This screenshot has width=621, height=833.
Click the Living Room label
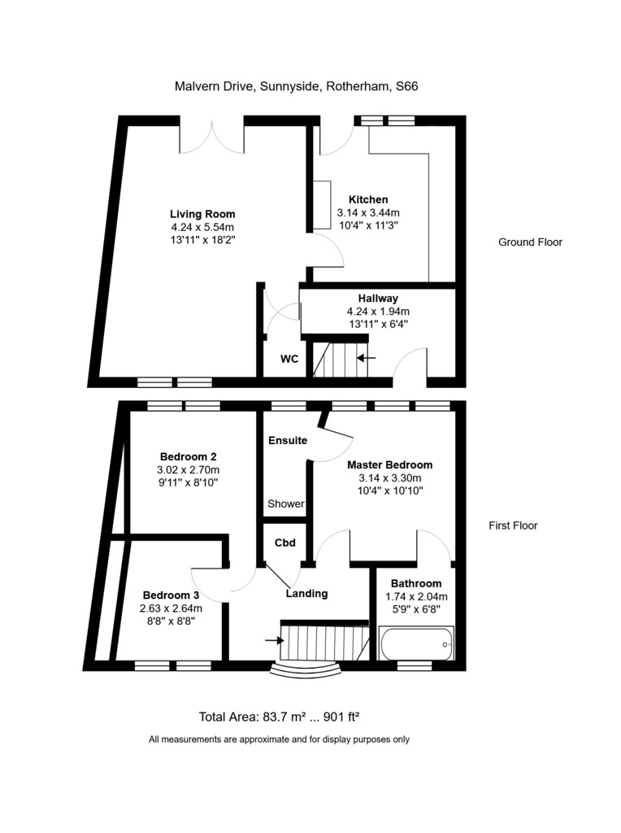[202, 214]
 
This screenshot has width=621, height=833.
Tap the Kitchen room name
[368, 200]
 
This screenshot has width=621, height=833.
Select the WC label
[289, 359]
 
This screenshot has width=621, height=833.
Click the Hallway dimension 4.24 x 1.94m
[378, 312]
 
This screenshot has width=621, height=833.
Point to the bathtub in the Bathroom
[416, 643]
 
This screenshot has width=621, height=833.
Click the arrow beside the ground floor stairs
[367, 358]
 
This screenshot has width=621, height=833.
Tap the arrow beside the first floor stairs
[275, 641]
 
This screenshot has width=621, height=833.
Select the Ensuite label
[288, 440]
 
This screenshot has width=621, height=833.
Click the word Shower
[286, 504]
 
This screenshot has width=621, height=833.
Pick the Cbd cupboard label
[285, 543]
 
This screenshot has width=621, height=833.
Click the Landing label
[306, 594]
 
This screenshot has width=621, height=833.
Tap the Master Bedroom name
[389, 464]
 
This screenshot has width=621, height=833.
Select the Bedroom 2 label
[188, 456]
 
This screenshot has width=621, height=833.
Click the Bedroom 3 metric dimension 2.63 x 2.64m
[171, 608]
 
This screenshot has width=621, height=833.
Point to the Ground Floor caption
[530, 242]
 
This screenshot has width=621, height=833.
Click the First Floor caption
[513, 526]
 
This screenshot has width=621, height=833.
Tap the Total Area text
[279, 717]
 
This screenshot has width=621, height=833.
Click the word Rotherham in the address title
[358, 86]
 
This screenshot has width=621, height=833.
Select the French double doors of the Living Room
[212, 137]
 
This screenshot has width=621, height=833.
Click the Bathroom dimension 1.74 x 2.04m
[416, 596]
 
